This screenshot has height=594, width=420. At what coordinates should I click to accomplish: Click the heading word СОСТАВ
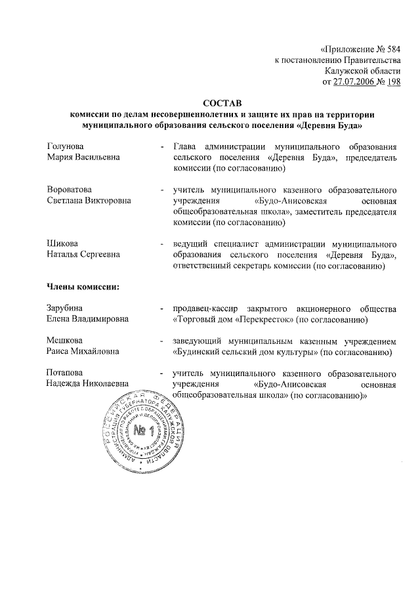[222, 103]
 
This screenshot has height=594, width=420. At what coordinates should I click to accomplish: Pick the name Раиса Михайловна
[83, 352]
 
